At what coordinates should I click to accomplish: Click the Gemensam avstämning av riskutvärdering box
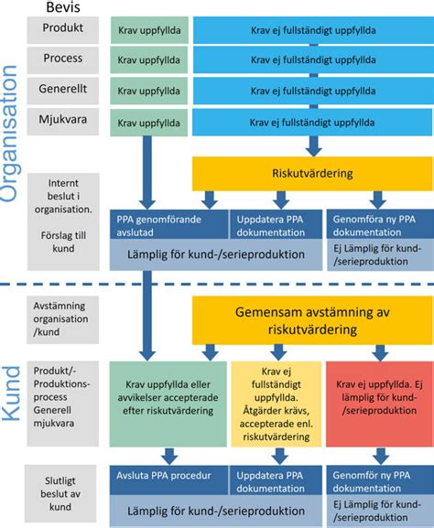pos(310,319)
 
